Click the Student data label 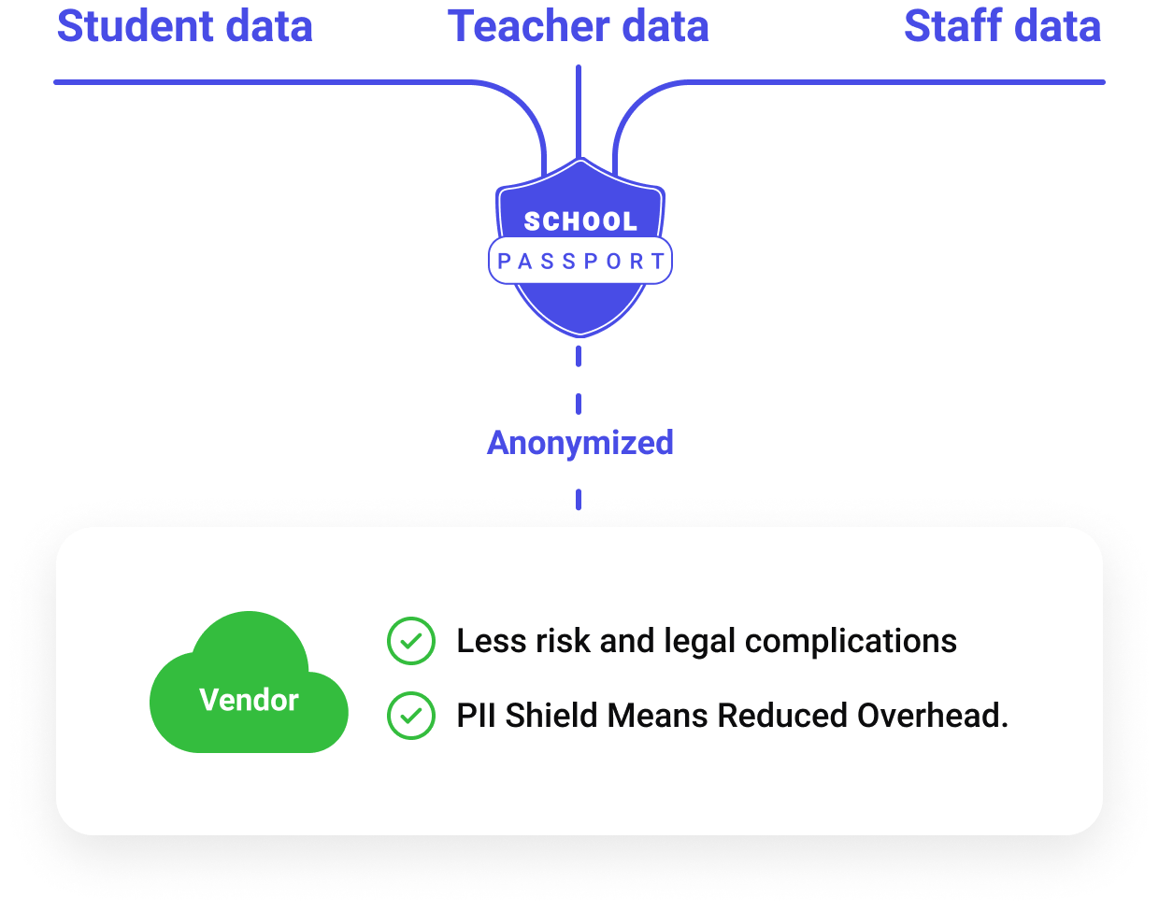click(x=185, y=26)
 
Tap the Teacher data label click(x=579, y=26)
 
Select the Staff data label click(x=1002, y=26)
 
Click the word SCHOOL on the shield click(x=579, y=221)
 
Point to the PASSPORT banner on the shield click(x=580, y=261)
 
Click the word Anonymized click(x=579, y=442)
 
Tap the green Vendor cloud click(x=249, y=691)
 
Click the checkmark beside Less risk click(x=411, y=641)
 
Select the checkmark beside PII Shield click(x=411, y=716)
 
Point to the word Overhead click(x=932, y=716)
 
